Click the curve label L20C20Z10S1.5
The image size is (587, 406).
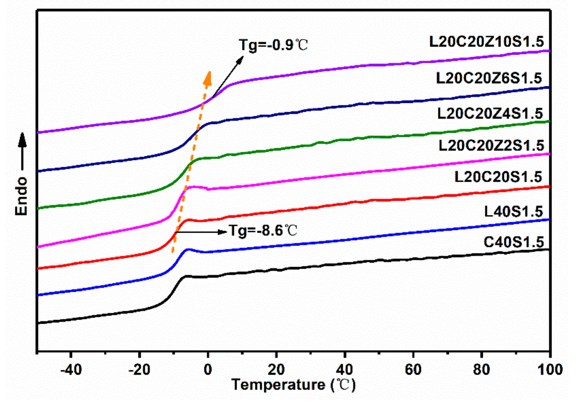pos(486,42)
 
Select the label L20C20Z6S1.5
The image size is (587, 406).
pos(489,78)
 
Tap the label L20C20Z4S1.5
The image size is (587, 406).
pos(490,114)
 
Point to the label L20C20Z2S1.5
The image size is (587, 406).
pos(491,146)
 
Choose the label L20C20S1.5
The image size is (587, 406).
pos(498,177)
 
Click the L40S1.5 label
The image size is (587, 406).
pos(513,212)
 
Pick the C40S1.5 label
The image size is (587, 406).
pos(513,242)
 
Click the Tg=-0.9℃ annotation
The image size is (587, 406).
pos(273,45)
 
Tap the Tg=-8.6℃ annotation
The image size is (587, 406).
pos(263,231)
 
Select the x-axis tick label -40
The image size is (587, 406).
pos(71,370)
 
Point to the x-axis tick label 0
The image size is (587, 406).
pos(208,370)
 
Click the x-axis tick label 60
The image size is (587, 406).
pos(413,370)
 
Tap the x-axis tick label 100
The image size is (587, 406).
pos(550,370)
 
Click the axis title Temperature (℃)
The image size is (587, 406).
pos(293,385)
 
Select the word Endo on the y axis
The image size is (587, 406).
pos(21,196)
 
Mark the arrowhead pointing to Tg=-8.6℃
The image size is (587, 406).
pos(222,232)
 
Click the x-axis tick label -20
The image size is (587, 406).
pos(139,370)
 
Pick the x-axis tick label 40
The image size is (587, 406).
pos(345,370)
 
